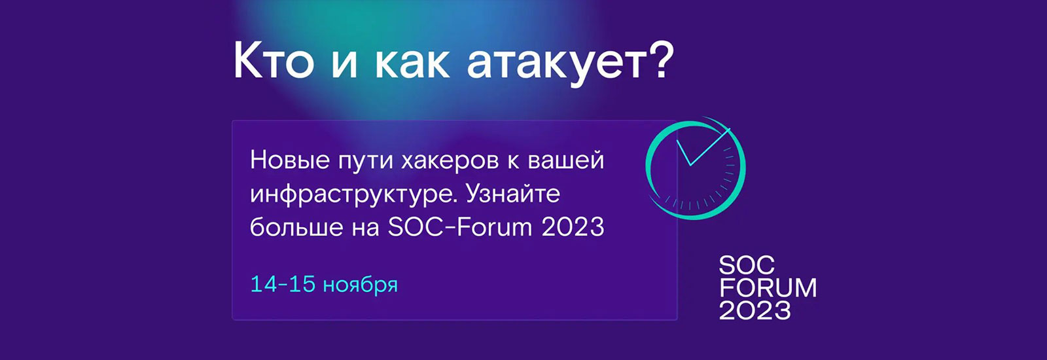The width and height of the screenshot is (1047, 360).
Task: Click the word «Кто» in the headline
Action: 274,60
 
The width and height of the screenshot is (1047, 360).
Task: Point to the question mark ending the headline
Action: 662,60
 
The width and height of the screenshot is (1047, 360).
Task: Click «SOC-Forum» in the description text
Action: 460,227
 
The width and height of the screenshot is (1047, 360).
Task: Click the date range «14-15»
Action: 283,284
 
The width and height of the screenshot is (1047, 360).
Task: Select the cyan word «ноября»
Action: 361,285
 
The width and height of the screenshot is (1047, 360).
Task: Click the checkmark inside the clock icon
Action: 703,147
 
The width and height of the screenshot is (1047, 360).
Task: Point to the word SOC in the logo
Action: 747,266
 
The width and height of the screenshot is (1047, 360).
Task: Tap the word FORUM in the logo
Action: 768,287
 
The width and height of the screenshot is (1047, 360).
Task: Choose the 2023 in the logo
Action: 755,310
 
